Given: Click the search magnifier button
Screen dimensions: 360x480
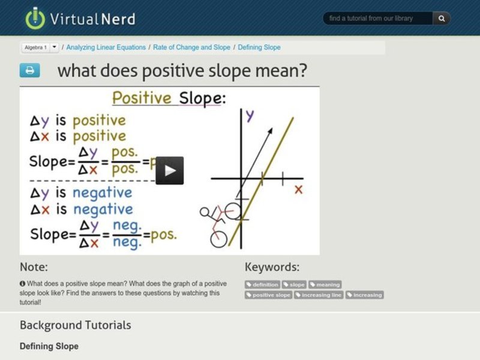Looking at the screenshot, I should click(x=441, y=19).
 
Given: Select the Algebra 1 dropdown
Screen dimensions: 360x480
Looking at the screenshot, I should click(x=40, y=47).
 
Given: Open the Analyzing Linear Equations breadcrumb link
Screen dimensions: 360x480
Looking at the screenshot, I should click(x=106, y=47).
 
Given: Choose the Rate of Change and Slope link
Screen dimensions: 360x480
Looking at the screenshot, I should click(x=191, y=47).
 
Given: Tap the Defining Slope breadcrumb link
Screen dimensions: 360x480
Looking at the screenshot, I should click(x=259, y=47).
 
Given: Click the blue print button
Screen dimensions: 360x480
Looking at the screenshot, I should click(x=29, y=70).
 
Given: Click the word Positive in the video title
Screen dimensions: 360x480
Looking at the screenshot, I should click(x=142, y=98).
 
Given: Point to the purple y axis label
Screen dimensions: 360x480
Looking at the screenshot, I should click(x=250, y=115).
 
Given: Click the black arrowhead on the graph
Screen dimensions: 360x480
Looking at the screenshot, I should click(x=269, y=131).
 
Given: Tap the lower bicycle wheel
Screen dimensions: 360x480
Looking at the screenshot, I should click(x=219, y=239).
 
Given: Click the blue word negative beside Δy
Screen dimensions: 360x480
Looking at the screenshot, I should click(x=102, y=193).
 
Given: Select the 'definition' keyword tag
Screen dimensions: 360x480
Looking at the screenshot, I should click(x=263, y=284).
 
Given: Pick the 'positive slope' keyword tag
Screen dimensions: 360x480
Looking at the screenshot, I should click(x=269, y=295).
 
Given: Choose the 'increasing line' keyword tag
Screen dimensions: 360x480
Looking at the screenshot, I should click(x=319, y=295).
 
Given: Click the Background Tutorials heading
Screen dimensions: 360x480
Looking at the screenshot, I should click(x=75, y=325).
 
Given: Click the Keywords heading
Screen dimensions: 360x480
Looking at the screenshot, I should click(x=272, y=267).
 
